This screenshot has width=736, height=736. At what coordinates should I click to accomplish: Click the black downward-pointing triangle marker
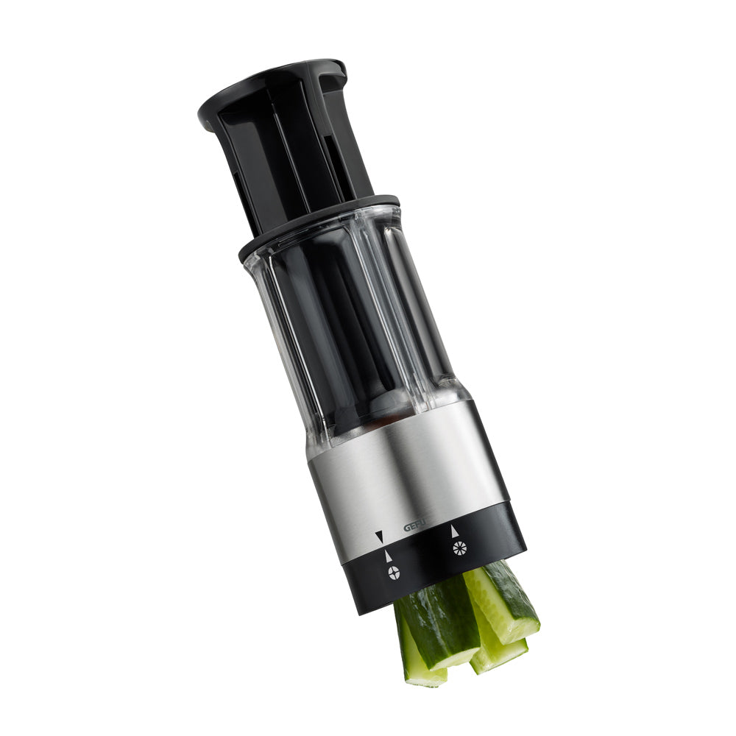(379, 536)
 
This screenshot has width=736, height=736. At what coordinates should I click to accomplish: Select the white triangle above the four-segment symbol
(388, 556)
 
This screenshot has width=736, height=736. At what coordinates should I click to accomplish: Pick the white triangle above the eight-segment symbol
(454, 531)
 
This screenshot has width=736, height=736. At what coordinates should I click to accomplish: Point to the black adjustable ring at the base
(432, 563)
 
